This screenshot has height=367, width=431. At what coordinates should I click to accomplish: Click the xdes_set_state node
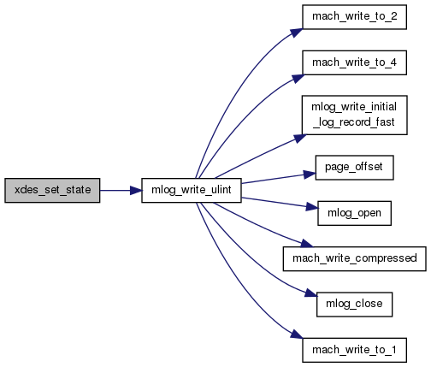pos(52,191)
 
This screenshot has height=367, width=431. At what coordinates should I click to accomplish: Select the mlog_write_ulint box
pos(192,191)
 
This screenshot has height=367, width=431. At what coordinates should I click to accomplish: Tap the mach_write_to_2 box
pos(354,17)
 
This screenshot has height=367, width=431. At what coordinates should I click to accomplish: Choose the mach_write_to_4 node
pos(354,62)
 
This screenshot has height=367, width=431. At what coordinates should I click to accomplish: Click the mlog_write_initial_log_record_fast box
pos(354,115)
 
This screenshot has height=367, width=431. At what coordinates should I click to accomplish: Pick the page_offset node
pos(354,168)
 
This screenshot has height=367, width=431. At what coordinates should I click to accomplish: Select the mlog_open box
pos(354,213)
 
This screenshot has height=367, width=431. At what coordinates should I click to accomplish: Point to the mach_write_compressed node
pos(354,259)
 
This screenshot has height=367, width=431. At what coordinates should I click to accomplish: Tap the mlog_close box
pos(354,305)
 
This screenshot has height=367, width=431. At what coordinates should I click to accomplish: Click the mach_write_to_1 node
pos(354,350)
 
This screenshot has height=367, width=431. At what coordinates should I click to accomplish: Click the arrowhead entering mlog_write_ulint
pos(136,191)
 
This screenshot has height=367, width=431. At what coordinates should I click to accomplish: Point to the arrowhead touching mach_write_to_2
pos(297,33)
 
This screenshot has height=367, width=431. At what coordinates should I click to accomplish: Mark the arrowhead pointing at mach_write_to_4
pos(298,78)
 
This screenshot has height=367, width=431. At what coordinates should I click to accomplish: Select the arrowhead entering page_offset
pos(310,175)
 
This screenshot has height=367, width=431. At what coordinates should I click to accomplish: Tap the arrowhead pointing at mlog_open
pos(312,206)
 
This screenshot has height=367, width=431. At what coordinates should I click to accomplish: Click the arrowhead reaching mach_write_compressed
pos(307,243)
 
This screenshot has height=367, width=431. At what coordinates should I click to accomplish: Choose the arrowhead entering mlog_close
pos(311,293)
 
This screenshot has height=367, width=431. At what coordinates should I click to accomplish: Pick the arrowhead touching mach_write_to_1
pos(297,334)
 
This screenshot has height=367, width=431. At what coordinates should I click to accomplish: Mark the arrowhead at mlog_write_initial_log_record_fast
pos(300,139)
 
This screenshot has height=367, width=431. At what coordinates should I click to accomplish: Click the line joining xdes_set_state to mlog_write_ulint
pos(115,191)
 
